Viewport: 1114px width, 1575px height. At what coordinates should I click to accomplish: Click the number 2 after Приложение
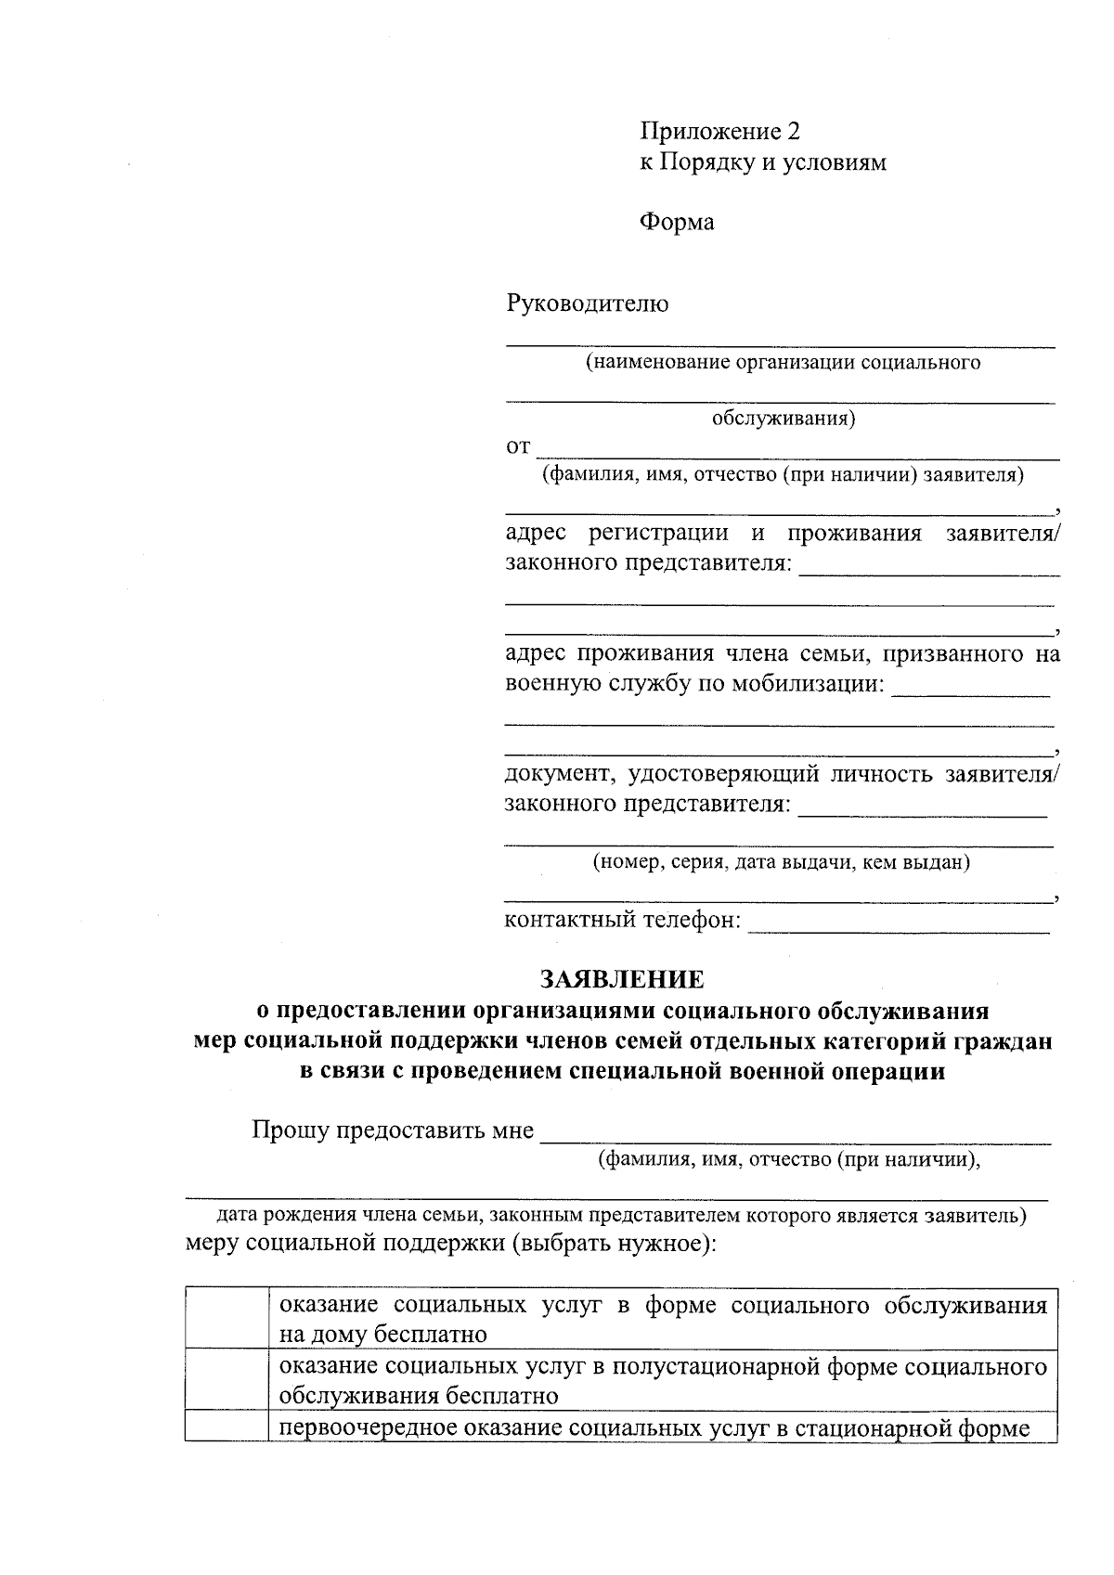coord(792,131)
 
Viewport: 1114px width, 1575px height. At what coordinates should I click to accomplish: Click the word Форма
coord(677,222)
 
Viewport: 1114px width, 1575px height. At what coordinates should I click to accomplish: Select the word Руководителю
coord(587,303)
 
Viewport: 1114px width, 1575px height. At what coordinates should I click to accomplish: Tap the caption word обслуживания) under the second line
coord(784,419)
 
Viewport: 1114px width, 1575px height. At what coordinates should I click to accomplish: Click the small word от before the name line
coord(517,447)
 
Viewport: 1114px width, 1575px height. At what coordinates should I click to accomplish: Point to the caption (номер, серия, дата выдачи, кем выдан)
coord(782,862)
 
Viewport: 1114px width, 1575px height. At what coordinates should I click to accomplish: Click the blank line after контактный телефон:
coord(898,925)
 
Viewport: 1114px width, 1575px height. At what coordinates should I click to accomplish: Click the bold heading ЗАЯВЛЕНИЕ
coord(622,979)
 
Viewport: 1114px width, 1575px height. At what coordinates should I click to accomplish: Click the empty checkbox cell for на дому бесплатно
coord(227,1319)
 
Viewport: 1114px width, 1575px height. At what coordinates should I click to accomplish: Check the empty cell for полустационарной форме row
coord(227,1380)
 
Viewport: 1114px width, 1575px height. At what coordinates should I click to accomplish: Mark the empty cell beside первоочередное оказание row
coord(227,1427)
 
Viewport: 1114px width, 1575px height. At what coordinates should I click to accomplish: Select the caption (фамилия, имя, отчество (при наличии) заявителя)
coord(783,476)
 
